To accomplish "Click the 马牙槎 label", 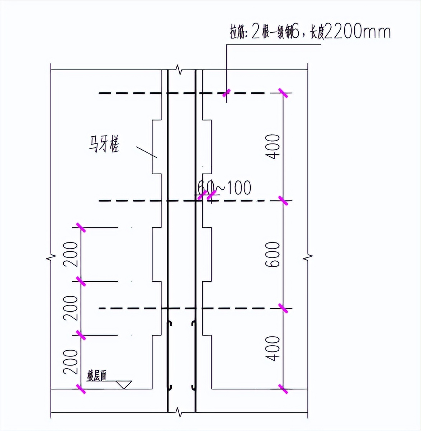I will coord(104,144).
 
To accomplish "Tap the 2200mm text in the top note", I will coord(357,32).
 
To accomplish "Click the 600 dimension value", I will coord(273,254).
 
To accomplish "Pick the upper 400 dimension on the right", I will coord(273,147).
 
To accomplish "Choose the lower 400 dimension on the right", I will coord(273,348).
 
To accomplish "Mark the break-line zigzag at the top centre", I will coord(178,69).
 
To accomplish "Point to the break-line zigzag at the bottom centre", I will coord(178,412).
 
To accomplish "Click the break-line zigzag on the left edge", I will coord(51,257).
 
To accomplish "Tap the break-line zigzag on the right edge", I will coord(308,257).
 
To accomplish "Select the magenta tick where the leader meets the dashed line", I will coord(226,94).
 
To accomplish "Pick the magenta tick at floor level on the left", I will coord(81,389).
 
